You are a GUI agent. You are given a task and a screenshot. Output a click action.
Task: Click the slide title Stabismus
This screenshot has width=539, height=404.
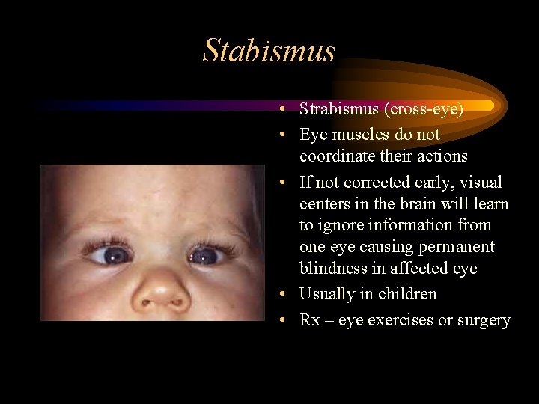269,51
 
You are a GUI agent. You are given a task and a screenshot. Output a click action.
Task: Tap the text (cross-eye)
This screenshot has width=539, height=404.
425,109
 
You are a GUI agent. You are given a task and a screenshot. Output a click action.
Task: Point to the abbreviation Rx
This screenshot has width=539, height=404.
310,320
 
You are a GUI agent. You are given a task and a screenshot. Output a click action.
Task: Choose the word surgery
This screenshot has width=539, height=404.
483,320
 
